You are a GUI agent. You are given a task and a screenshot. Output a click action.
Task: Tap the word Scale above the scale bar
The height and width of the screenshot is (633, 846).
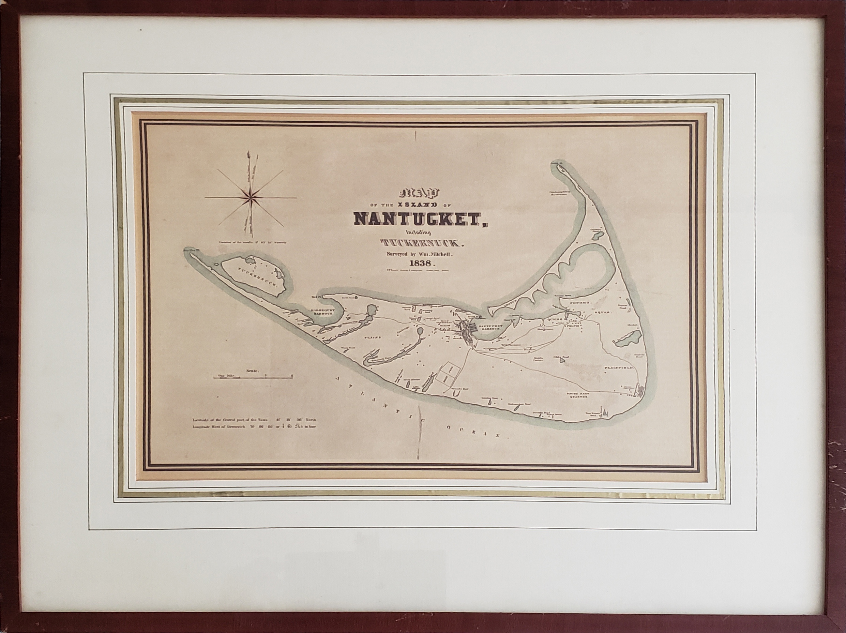253,371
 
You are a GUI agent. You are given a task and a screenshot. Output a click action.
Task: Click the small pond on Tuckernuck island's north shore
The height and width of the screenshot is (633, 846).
251,260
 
